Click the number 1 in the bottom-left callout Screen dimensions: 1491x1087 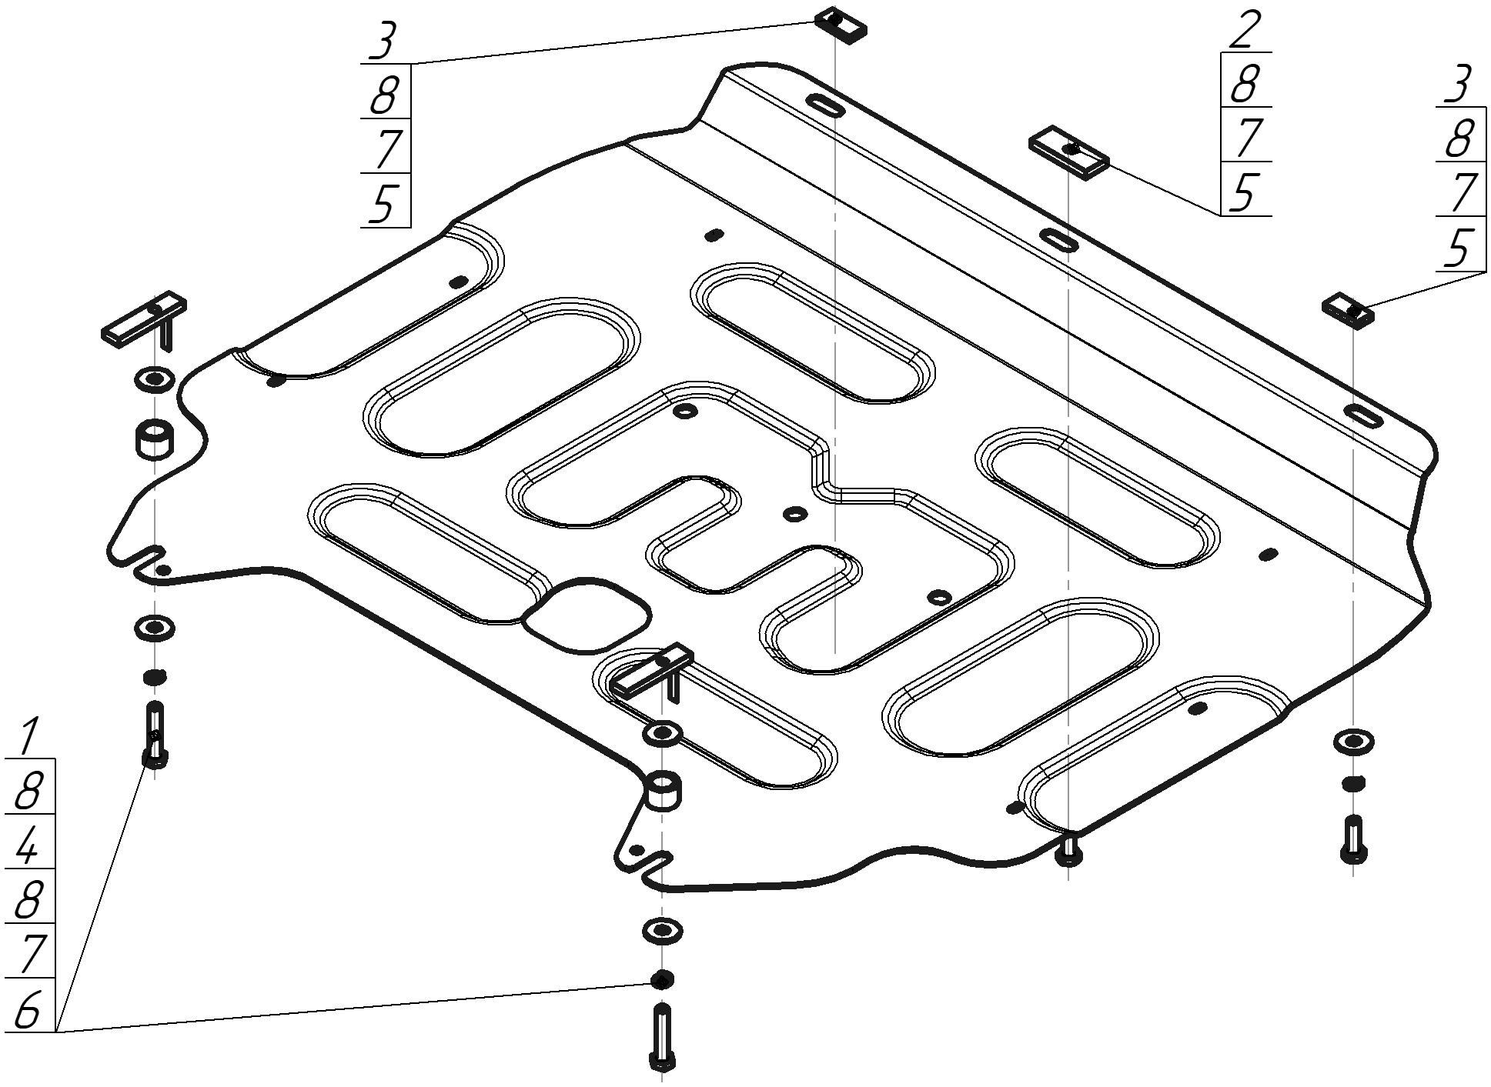pos(28,736)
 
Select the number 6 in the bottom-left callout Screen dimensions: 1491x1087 pos(28,1009)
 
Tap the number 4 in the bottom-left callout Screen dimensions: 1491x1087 pos(28,845)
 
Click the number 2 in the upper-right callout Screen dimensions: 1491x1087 pos(1245,31)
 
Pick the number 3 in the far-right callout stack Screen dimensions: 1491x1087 pos(1458,85)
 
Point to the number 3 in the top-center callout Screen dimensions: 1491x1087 pos(383,42)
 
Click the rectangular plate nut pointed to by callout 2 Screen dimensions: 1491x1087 pos(1068,152)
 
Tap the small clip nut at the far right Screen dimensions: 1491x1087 pos(1349,310)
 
